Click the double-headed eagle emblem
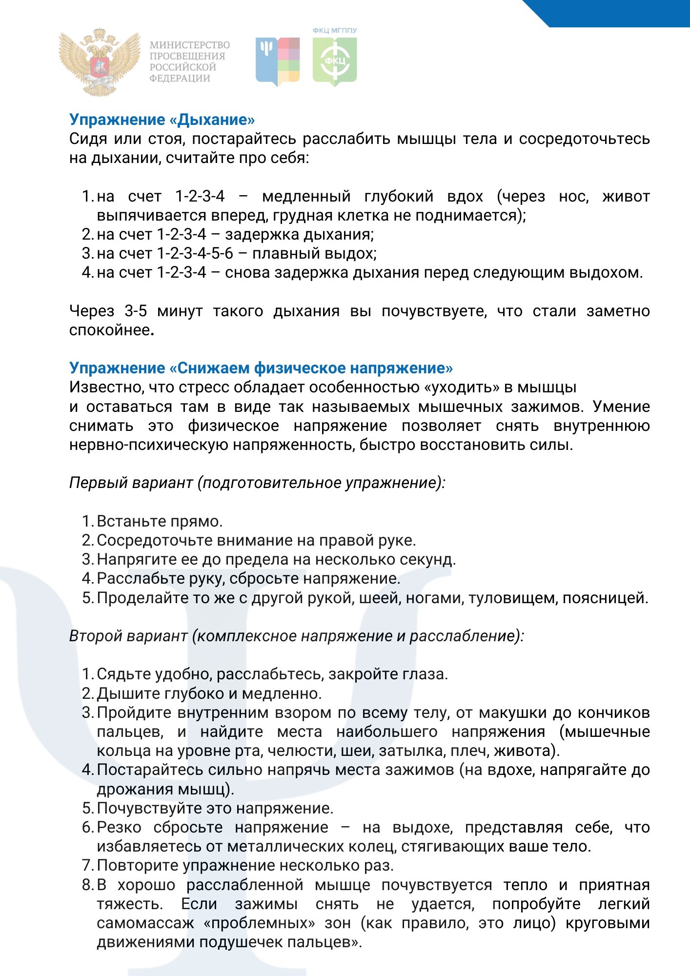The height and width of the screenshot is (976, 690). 99,61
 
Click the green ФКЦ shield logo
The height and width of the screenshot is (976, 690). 335,61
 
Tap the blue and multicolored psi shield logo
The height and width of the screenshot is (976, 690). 278,61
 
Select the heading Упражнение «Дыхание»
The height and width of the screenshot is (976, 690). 162,120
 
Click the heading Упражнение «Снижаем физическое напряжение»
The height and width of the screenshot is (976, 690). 261,368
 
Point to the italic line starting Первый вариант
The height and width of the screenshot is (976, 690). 257,483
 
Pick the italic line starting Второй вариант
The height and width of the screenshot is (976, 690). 296,636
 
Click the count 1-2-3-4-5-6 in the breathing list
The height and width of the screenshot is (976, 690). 195,254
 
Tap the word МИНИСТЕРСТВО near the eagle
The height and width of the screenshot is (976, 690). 190,45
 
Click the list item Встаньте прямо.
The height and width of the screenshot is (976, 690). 160,521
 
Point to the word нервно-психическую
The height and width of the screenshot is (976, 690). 148,445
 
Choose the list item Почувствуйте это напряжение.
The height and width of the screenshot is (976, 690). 215,808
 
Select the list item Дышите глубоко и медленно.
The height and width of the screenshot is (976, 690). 209,693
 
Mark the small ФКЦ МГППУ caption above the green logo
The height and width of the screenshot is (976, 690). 335,31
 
